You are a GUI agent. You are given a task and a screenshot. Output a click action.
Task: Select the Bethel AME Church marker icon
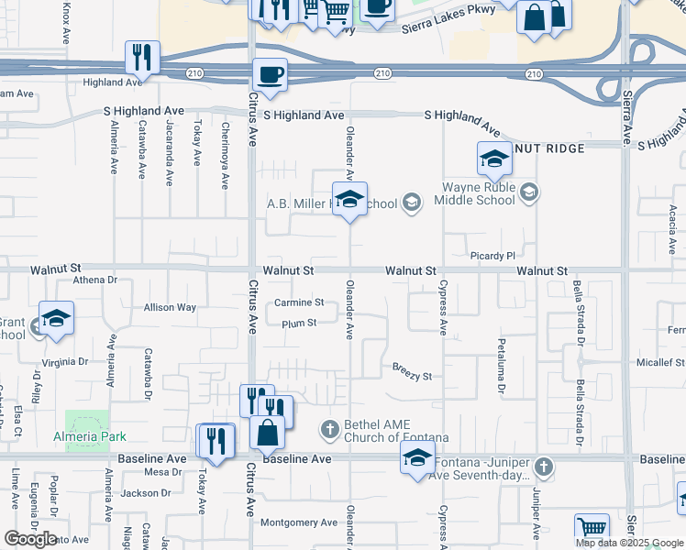click(330, 429)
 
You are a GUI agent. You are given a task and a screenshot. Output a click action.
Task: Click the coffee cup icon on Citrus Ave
click(270, 75)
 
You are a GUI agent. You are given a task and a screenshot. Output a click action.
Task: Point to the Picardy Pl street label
click(492, 256)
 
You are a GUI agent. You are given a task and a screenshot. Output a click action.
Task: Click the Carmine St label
click(299, 302)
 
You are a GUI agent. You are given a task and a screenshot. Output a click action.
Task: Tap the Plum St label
click(299, 323)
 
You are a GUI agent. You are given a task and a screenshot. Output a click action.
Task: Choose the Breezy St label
click(412, 376)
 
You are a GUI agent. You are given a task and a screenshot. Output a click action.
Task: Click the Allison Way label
click(170, 307)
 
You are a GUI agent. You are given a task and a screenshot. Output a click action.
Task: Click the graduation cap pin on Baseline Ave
click(417, 457)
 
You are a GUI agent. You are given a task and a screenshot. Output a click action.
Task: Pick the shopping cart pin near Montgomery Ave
click(592, 530)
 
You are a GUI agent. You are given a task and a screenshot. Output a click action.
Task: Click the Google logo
click(30, 539)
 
